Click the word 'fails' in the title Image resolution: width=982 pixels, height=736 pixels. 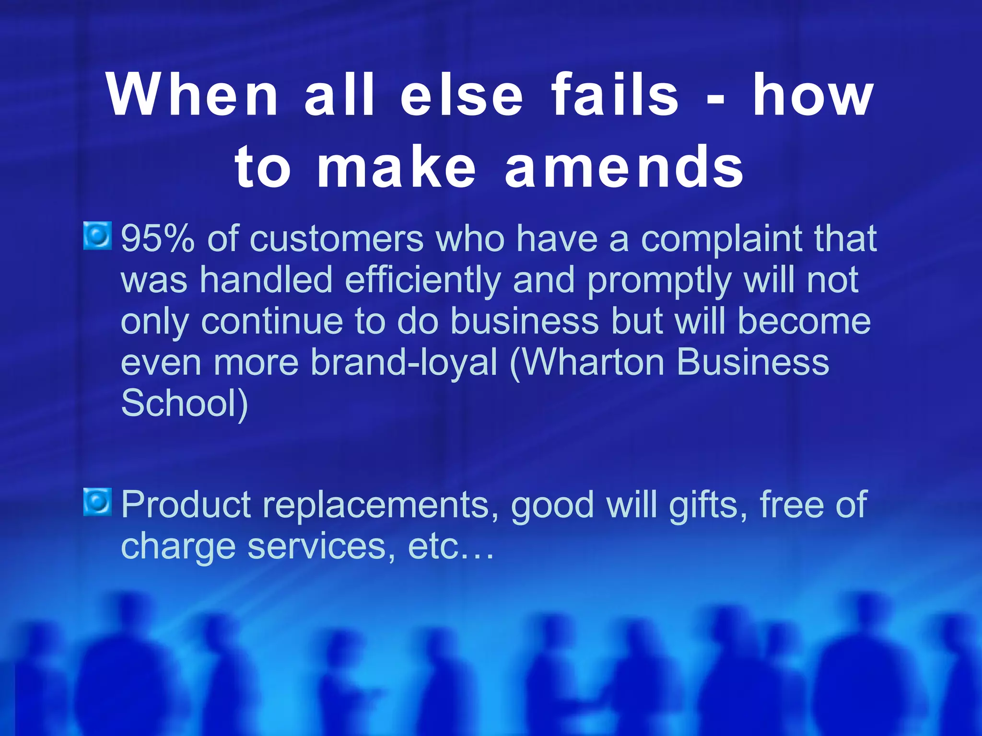(x=615, y=94)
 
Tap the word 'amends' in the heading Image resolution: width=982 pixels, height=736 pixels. (x=624, y=167)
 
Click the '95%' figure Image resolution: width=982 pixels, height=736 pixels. (x=158, y=238)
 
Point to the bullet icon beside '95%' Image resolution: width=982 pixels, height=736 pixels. (x=98, y=236)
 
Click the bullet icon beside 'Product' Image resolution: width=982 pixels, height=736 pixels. (x=98, y=502)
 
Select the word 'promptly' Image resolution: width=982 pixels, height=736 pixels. (x=659, y=281)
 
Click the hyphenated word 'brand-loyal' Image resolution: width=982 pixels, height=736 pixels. (x=404, y=362)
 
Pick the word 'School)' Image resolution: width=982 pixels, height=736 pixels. (x=185, y=403)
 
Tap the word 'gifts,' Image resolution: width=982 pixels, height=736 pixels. (x=708, y=505)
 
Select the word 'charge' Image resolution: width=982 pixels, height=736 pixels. (x=178, y=547)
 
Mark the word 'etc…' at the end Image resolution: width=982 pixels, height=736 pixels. (x=450, y=547)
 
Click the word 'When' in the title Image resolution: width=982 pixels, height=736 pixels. (x=192, y=94)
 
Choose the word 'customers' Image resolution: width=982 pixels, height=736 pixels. (x=337, y=238)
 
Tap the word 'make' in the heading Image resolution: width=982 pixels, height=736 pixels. (x=397, y=167)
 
